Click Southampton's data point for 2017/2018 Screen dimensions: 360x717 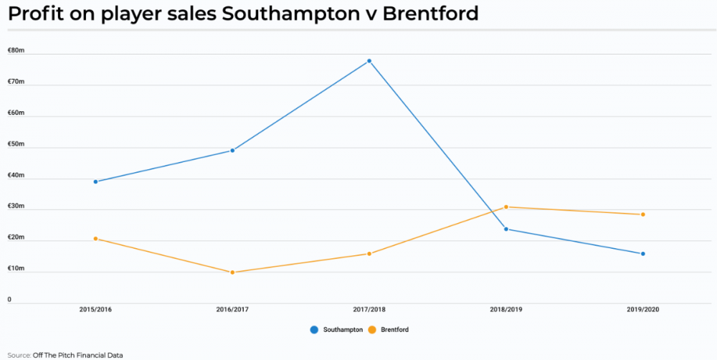(x=369, y=61)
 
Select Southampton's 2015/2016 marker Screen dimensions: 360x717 (x=95, y=181)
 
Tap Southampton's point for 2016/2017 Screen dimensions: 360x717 (x=232, y=151)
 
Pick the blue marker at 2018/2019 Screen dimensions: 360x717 (x=506, y=229)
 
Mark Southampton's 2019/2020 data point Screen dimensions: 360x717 (x=643, y=254)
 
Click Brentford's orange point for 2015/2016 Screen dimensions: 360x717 (x=95, y=239)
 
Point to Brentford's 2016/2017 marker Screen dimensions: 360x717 (x=232, y=273)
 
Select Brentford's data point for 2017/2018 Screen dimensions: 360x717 (x=369, y=254)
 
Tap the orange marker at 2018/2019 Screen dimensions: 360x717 (x=506, y=207)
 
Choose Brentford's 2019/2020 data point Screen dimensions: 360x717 (x=643, y=214)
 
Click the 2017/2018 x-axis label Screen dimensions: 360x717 (x=369, y=310)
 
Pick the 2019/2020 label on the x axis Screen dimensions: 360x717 (x=643, y=310)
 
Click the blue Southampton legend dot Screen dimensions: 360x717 (x=314, y=330)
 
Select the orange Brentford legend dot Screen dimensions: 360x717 (x=372, y=330)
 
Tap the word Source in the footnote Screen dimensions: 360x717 (x=19, y=355)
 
